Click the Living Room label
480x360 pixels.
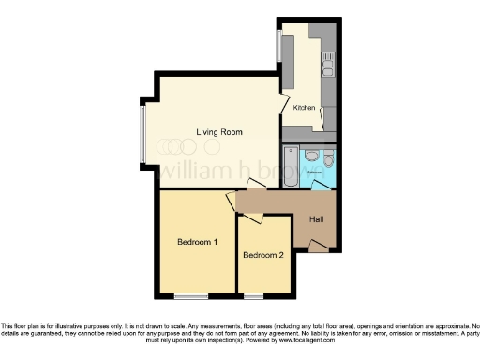tap(218, 132)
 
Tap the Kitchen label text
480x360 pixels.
tap(304, 108)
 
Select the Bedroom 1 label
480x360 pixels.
tap(197, 242)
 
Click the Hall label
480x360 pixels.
tap(316, 219)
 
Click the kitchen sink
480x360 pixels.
tap(327, 65)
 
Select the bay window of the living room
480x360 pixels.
tap(142, 132)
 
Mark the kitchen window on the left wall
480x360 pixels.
tap(277, 45)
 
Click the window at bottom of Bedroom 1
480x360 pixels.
tap(190, 295)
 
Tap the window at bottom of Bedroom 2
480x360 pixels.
tap(253, 295)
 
